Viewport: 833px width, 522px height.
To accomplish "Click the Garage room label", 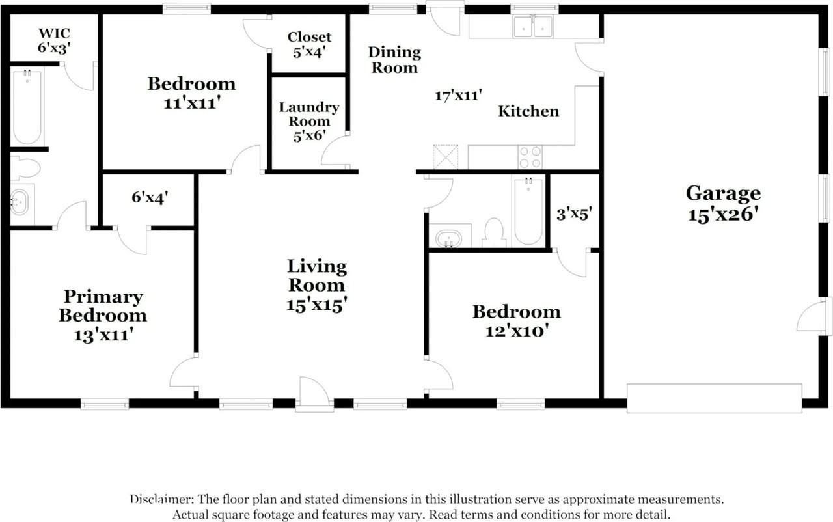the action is point(723,194).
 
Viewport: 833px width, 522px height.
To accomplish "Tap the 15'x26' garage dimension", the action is point(723,215).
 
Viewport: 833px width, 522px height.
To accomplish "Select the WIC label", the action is point(54,33).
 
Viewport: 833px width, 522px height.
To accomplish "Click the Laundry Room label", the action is point(309,114).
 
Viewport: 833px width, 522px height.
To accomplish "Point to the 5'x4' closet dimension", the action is point(309,52).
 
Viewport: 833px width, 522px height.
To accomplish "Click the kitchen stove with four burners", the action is point(530,157).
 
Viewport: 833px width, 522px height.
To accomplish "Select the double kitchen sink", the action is point(533,27).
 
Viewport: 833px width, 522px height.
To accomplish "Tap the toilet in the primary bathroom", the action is point(25,169).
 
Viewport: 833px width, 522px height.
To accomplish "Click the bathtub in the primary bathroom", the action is point(27,107).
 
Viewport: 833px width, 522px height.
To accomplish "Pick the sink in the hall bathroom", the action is point(449,238).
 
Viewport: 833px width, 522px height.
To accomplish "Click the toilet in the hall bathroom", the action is point(494,232).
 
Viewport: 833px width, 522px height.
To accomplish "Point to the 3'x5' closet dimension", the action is point(574,214).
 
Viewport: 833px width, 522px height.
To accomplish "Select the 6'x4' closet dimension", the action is point(150,197).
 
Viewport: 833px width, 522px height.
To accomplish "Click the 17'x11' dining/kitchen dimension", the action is point(459,95).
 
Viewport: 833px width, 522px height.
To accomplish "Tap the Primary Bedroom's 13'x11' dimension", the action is point(103,335).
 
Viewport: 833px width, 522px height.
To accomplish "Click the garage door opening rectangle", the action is point(715,398).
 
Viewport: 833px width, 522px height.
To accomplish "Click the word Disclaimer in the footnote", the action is point(162,499).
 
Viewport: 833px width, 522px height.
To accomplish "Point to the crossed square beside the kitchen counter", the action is point(446,157).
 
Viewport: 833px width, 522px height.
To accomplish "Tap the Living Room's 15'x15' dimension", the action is point(317,305).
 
